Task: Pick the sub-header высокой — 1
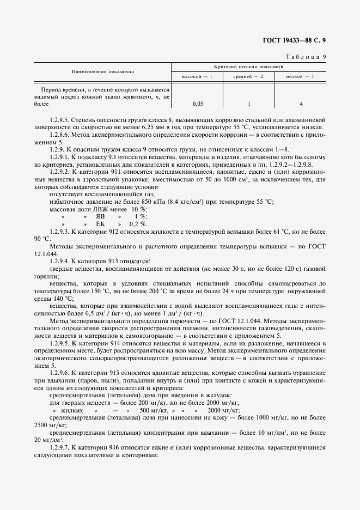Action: [197, 76]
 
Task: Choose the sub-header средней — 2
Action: [248, 76]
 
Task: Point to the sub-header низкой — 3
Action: [300, 76]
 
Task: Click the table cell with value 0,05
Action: [198, 104]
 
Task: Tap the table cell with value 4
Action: [301, 104]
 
